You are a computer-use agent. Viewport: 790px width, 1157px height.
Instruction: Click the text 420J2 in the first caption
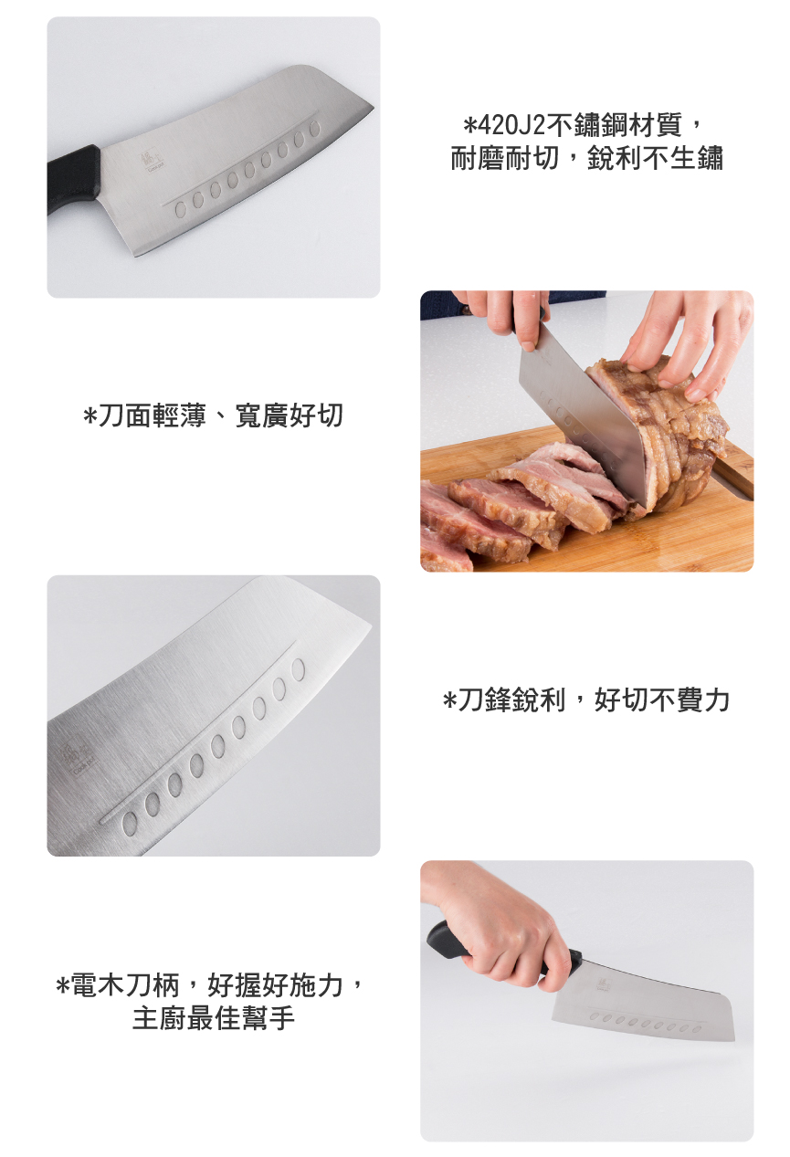click(511, 125)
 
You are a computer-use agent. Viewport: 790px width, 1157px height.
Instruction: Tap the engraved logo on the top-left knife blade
click(153, 163)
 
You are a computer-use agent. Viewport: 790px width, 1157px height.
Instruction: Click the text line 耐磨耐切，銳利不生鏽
click(586, 158)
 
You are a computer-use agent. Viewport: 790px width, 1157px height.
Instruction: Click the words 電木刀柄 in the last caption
click(124, 985)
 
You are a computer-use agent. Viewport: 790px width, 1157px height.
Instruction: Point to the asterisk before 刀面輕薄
click(90, 415)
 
